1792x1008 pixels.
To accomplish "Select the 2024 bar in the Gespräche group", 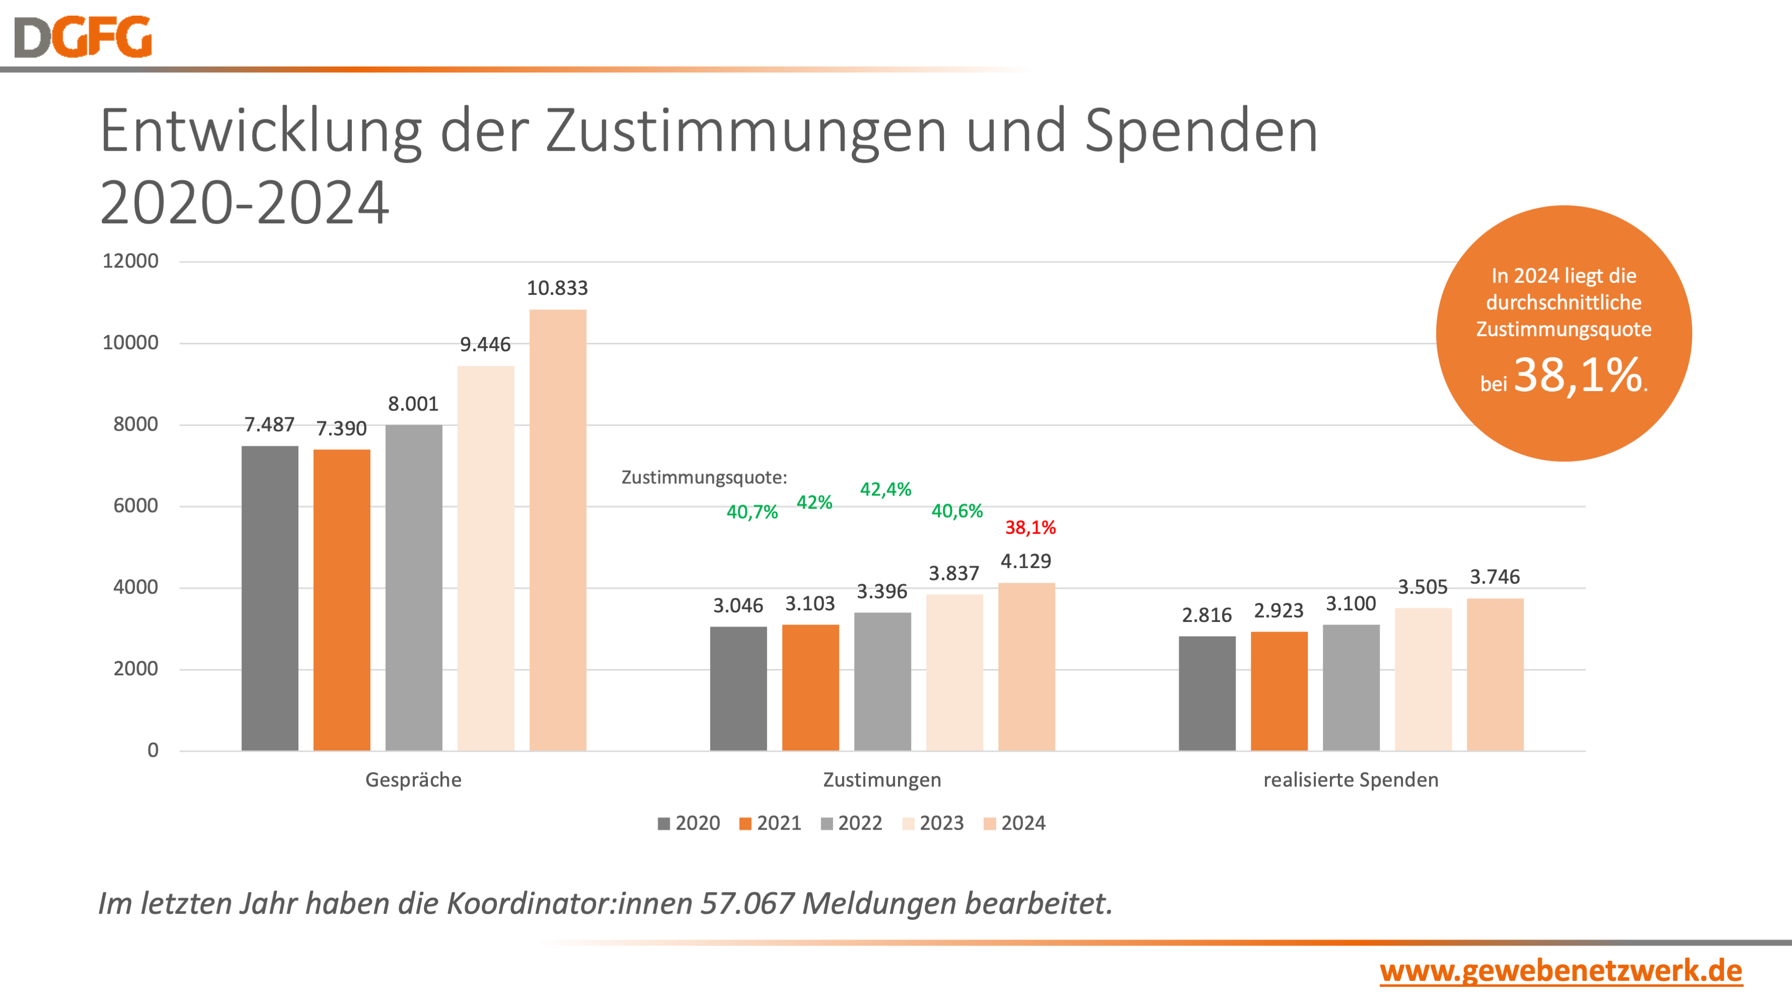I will click(x=557, y=529).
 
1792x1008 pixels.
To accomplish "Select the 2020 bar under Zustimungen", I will click(x=738, y=688).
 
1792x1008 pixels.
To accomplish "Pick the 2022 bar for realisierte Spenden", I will click(x=1351, y=687).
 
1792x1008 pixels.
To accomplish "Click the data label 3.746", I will click(x=1494, y=577).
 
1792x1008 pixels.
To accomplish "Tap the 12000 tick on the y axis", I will click(x=131, y=262).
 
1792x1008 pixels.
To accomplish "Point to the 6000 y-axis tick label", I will click(x=136, y=506).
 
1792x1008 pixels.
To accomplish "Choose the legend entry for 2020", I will click(x=689, y=824).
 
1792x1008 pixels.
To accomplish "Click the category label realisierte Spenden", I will click(x=1350, y=780).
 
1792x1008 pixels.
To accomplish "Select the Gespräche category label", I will click(x=413, y=780).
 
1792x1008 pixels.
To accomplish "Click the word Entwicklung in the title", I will click(x=261, y=132).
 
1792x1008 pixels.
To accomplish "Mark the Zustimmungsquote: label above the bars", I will click(x=704, y=478).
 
